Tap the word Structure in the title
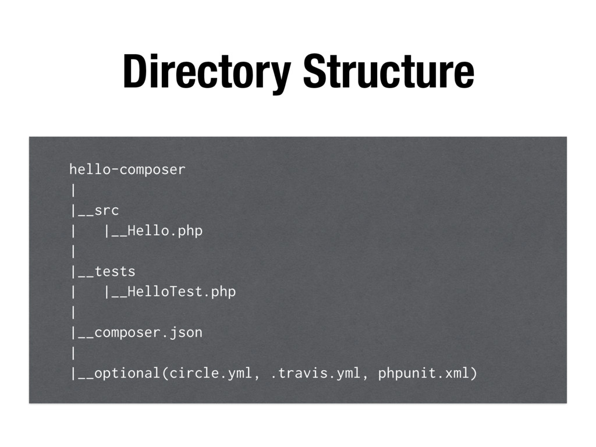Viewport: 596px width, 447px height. [x=388, y=72]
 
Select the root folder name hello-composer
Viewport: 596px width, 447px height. [x=127, y=169]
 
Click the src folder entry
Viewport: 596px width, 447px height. [x=107, y=210]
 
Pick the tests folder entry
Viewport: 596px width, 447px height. [x=115, y=271]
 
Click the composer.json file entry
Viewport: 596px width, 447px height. [x=148, y=332]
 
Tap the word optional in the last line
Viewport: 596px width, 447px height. [x=127, y=373]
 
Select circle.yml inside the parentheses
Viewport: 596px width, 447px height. [x=211, y=373]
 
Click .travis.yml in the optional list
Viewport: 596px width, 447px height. [x=316, y=373]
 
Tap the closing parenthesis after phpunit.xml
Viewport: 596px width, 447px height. [x=473, y=373]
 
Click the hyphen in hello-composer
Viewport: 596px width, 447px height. [x=115, y=170]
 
